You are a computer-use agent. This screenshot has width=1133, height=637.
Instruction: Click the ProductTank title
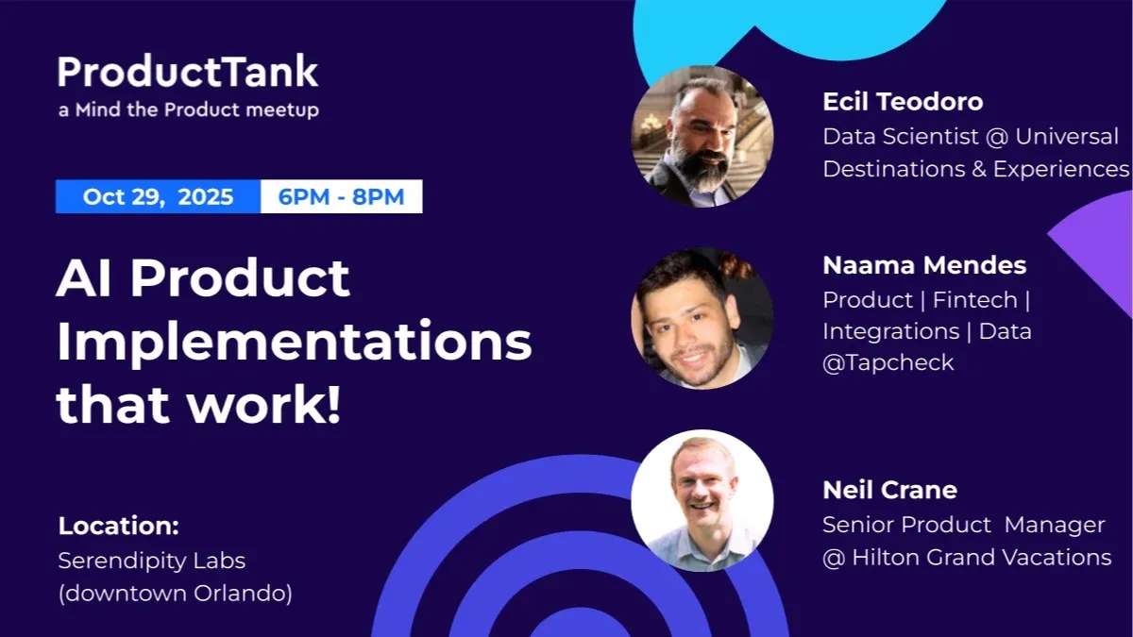188,73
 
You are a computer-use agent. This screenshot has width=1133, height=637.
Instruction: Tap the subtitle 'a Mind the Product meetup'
188,109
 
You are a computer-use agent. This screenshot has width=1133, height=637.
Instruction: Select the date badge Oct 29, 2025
158,197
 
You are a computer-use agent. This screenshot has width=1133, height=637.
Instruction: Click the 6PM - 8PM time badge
341,197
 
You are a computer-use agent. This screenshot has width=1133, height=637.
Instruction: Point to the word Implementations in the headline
294,343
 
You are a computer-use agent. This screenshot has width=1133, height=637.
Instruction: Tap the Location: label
118,526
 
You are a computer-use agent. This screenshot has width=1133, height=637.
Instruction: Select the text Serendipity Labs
151,561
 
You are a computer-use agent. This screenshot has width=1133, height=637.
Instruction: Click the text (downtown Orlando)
175,595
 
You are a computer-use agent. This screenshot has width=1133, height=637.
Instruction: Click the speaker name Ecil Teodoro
902,102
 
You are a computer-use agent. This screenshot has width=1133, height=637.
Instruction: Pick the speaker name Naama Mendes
923,266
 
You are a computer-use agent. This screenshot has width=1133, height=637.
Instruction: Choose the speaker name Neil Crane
889,491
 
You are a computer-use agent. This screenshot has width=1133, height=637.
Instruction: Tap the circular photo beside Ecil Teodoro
702,136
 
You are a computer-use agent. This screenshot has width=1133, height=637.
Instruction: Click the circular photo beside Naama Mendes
702,318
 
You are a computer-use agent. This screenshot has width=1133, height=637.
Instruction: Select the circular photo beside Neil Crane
702,500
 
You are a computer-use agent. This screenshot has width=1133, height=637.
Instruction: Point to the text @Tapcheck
888,363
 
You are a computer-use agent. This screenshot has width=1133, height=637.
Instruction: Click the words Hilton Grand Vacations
981,558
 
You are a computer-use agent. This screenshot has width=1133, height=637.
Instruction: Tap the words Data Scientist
900,137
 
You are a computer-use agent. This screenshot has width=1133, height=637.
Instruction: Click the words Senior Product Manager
963,525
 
